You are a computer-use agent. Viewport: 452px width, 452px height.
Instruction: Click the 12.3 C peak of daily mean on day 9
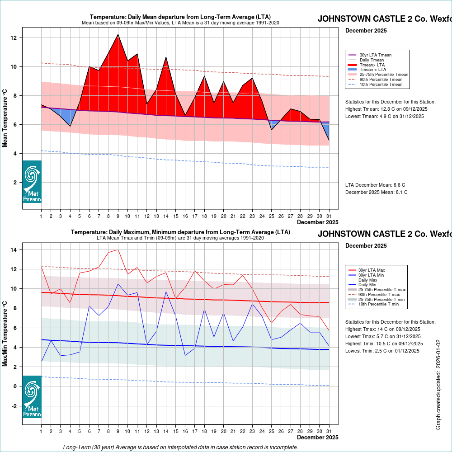coord(118,34)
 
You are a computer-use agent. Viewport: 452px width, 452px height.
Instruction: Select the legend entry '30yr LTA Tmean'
coord(375,55)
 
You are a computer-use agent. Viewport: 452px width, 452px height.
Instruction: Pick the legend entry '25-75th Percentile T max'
coord(382,289)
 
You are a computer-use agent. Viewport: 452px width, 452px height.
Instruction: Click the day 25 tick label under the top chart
coord(271,216)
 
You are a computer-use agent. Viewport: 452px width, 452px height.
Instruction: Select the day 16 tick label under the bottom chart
coord(185,431)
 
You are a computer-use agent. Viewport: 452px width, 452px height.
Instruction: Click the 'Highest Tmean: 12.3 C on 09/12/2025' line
coord(386,109)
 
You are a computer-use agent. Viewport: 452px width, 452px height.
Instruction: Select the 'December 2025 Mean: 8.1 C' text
coord(376,192)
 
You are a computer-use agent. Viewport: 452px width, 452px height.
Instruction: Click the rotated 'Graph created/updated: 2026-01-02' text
coord(438,385)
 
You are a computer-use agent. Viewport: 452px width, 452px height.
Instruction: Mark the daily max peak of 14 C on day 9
coord(118,250)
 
